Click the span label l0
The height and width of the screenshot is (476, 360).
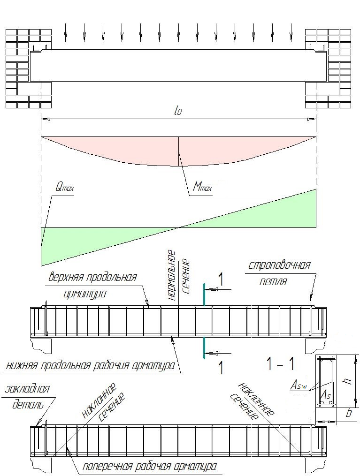(x=178, y=111)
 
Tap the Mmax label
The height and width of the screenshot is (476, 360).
(x=202, y=187)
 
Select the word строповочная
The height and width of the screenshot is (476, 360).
(x=279, y=265)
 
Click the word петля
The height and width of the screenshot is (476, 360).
(x=273, y=281)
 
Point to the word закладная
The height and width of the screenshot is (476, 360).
(x=27, y=389)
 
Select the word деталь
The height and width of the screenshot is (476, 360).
(x=28, y=405)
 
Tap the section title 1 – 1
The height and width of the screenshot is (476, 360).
(x=280, y=363)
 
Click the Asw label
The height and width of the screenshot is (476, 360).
(x=299, y=386)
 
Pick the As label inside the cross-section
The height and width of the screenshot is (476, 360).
(x=326, y=395)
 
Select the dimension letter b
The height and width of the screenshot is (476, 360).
(x=349, y=413)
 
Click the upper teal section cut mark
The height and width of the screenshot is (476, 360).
(x=204, y=295)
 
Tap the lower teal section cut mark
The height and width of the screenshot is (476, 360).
(x=204, y=348)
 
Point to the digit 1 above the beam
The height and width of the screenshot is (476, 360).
(x=221, y=280)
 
